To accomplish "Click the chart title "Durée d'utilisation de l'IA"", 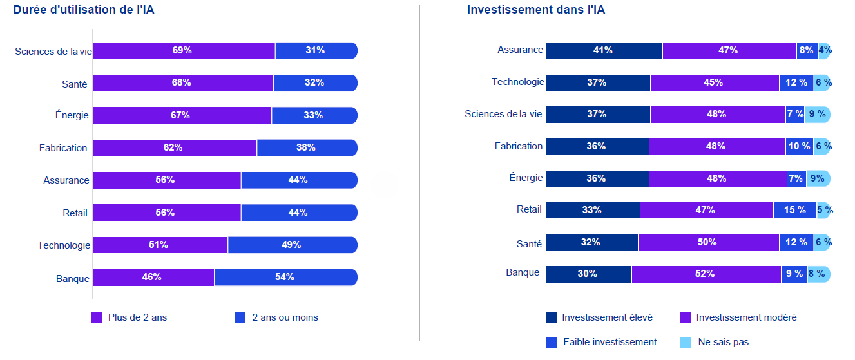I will click(84, 10).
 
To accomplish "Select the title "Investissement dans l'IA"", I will click(535, 10).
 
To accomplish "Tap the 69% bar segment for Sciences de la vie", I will click(184, 50).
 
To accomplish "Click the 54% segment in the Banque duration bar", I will click(285, 277).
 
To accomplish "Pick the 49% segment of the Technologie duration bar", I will click(292, 245).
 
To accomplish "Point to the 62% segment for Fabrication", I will click(175, 147).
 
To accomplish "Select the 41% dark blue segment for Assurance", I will click(604, 50).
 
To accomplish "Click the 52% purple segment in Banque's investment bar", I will click(706, 274).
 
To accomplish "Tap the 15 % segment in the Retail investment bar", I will click(794, 210).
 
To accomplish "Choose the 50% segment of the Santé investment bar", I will click(708, 242).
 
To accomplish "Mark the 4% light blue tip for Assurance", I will click(825, 50).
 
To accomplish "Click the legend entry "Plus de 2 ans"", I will click(129, 317).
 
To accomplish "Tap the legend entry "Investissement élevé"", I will click(599, 317).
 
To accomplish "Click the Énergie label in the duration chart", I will click(72, 115).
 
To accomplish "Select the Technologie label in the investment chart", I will click(517, 82).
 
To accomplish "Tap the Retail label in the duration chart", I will click(75, 213).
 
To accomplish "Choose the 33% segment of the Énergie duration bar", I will click(314, 115).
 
